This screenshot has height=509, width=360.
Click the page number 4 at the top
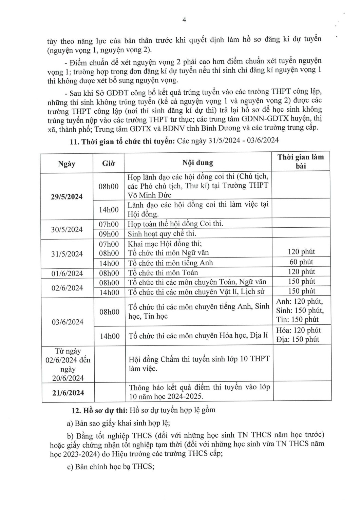point(184,20)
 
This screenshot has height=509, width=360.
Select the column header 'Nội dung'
point(197,163)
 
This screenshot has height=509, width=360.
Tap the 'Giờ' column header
point(109,163)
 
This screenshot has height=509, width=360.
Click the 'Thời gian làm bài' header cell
point(301,161)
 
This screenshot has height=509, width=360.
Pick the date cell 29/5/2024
point(67,197)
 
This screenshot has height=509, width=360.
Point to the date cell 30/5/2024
point(67,229)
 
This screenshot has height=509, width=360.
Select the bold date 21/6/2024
point(68,393)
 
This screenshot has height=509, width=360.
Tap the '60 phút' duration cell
point(301,262)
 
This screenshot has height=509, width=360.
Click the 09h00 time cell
point(109,234)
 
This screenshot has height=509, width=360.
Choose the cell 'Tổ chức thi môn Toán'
point(163,272)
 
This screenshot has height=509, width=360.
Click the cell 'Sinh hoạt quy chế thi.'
point(162,233)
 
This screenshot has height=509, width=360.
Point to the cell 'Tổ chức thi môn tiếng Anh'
point(170,263)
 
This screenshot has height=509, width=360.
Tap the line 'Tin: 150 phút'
point(297,319)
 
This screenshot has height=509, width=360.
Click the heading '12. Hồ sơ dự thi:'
point(99,410)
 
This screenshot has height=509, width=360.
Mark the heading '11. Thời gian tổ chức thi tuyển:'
point(122,142)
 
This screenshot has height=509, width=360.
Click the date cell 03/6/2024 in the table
point(68,322)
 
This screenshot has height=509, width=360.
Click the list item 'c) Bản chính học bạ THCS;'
point(111,467)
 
